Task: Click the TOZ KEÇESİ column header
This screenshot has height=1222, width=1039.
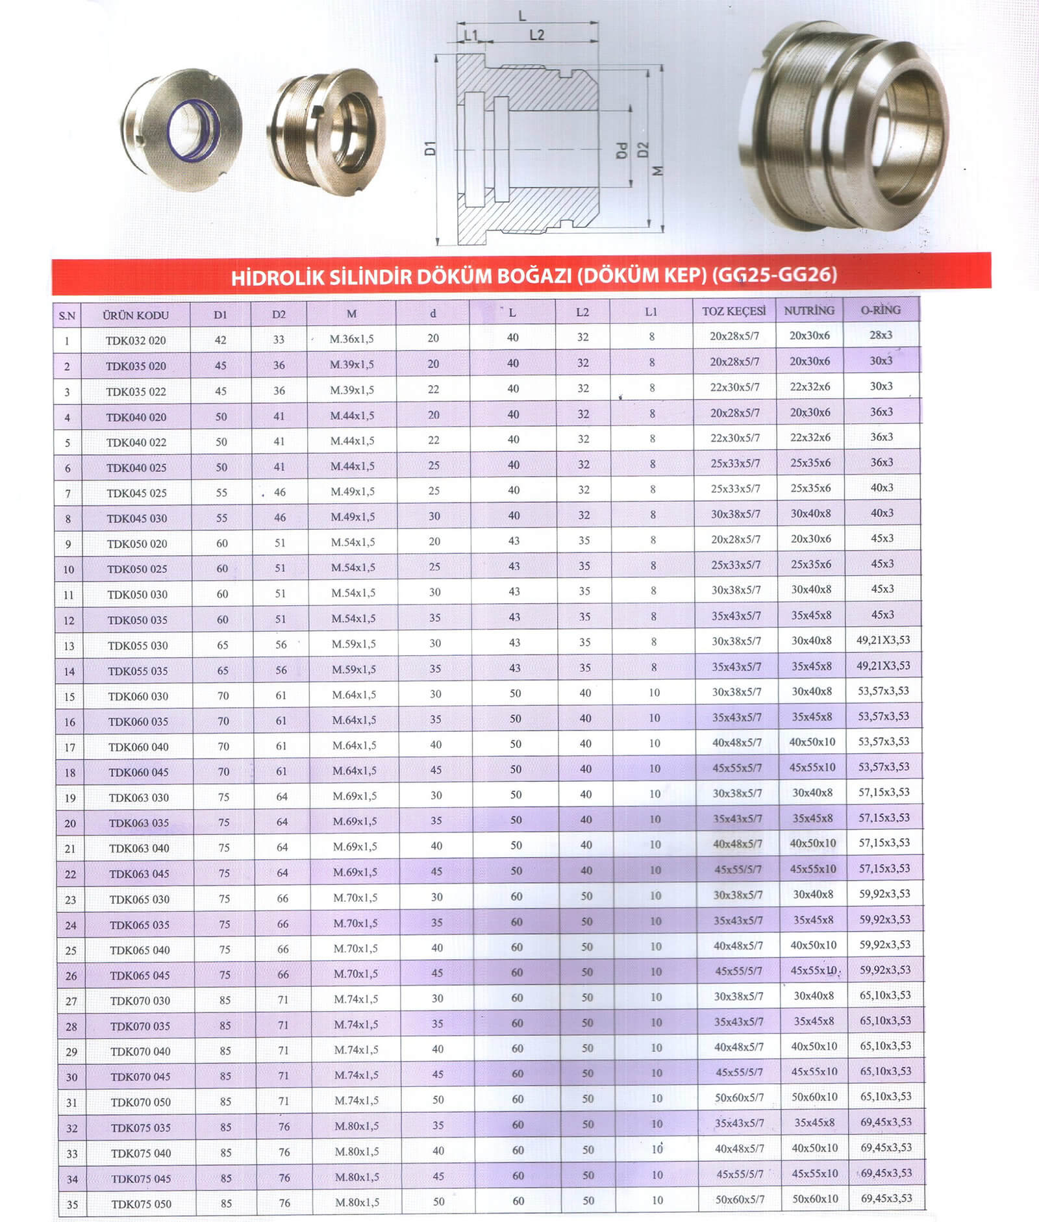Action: (x=734, y=312)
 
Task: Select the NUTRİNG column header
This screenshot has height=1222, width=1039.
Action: (x=809, y=310)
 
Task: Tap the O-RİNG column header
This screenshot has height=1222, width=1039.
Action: (x=881, y=310)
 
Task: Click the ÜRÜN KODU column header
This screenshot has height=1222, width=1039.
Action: (x=136, y=316)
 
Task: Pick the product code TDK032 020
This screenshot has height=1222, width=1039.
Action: (x=136, y=340)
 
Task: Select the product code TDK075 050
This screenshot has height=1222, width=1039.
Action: (x=141, y=1204)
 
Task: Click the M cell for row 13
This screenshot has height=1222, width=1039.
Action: (x=354, y=644)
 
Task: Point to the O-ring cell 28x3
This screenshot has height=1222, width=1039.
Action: (x=881, y=335)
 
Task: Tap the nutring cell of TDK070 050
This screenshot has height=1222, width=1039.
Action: (x=814, y=1097)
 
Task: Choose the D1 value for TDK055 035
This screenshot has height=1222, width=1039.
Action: (x=223, y=670)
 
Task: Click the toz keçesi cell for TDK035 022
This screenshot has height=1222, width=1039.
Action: (x=734, y=387)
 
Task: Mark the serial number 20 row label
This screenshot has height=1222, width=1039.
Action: (x=70, y=823)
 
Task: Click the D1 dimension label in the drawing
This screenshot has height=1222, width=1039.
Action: (x=430, y=148)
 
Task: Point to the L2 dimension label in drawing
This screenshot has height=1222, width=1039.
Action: (x=536, y=35)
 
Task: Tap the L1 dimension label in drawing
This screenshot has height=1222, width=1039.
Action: (x=471, y=35)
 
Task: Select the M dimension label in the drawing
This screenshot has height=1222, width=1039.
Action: (x=658, y=171)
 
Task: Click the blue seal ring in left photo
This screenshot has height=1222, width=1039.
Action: (x=192, y=129)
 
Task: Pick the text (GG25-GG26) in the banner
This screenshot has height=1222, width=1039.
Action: (x=774, y=275)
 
